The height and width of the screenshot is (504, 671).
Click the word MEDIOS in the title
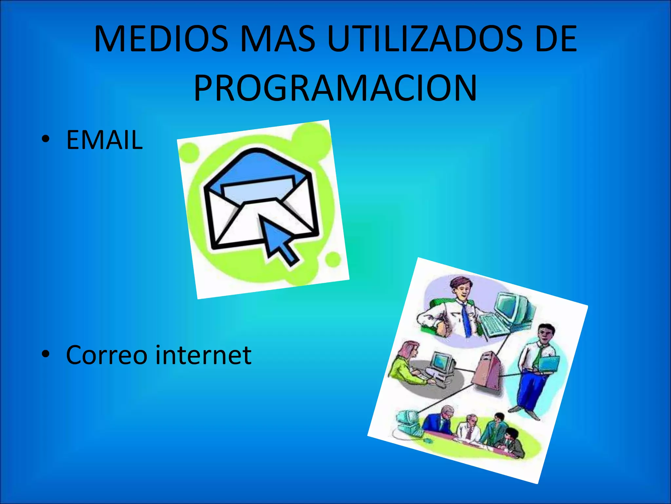coord(161,39)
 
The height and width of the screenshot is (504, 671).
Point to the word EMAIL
coord(105,140)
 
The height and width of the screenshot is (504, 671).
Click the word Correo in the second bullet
coord(106,355)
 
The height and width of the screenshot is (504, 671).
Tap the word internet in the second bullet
coord(203,355)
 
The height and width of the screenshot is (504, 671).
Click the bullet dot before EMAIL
coord(46,139)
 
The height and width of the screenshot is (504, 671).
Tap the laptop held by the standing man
coord(549,364)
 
